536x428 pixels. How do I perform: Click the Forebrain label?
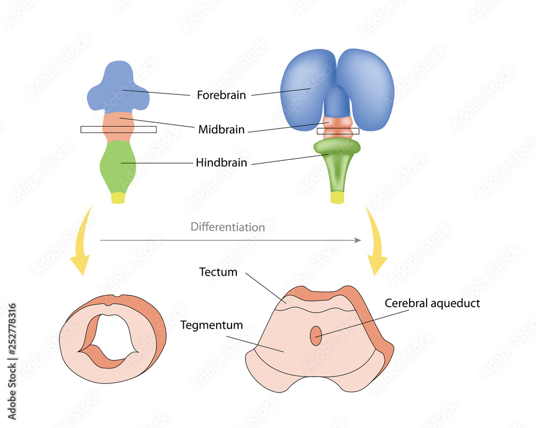[x=221, y=95]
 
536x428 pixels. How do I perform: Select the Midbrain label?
[x=221, y=129]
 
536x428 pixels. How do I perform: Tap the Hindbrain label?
[x=221, y=163]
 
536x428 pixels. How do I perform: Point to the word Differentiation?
[x=228, y=227]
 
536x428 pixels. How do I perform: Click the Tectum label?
[x=218, y=272]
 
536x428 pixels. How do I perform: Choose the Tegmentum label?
[x=212, y=325]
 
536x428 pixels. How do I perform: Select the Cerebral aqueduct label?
[x=432, y=303]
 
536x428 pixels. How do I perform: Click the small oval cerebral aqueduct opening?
[x=316, y=336]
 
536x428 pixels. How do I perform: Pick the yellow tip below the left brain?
[x=118, y=198]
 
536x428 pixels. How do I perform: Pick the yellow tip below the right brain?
[x=337, y=197]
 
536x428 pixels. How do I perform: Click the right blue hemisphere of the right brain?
[x=370, y=88]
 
